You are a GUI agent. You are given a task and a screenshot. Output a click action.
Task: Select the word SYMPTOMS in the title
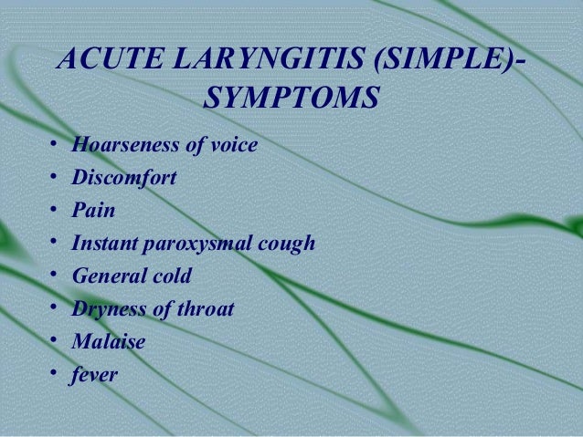[291, 99]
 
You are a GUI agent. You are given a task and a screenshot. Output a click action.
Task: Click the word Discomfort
[123, 177]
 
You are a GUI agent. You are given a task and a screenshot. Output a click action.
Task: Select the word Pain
[94, 210]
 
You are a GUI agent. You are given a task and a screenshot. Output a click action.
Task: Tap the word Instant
[104, 243]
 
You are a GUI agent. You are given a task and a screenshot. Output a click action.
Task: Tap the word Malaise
[108, 341]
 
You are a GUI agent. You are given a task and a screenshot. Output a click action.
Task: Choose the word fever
[95, 374]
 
